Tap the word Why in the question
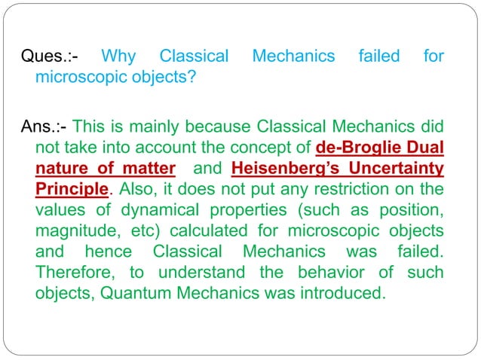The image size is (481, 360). [x=118, y=56]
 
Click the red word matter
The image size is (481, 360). [x=152, y=167]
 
